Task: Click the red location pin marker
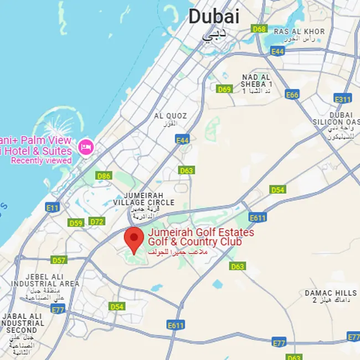point(133,238)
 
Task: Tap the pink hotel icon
point(85,147)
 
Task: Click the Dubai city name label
point(214,17)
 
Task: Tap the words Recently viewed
point(41,161)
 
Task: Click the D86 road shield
point(104,176)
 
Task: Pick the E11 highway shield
point(53,208)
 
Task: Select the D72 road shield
point(97,222)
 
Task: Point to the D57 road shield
point(59,260)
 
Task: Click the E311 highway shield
point(343,99)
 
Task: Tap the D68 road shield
point(259,28)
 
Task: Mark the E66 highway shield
point(292,95)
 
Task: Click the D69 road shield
point(224,89)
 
